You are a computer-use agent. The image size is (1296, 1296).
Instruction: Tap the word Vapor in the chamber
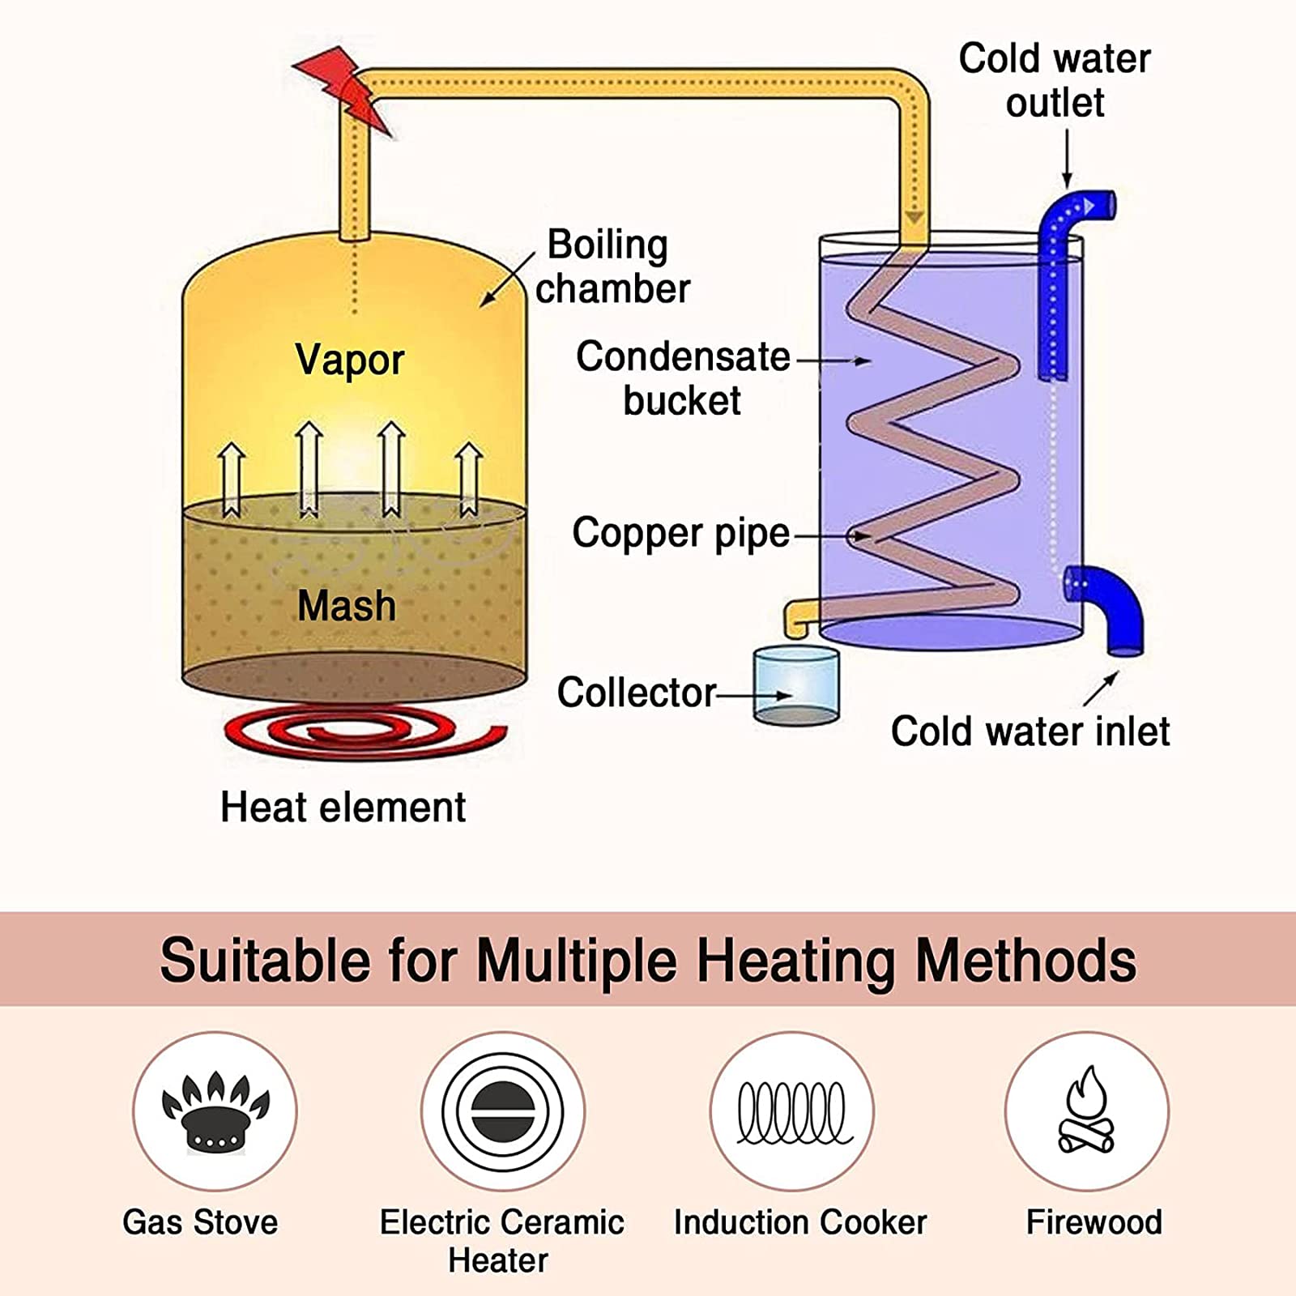(349, 360)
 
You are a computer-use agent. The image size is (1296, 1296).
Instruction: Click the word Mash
(347, 606)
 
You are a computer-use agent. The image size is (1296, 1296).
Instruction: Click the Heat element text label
(343, 808)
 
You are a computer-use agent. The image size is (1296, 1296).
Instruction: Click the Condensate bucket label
(682, 378)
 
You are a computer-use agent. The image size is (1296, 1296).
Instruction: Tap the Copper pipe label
(680, 533)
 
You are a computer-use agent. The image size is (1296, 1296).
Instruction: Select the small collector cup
(795, 684)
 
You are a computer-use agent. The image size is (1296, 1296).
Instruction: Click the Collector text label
(636, 693)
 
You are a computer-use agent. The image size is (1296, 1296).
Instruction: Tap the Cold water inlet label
(1030, 731)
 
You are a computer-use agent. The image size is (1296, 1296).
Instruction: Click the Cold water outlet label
(1055, 80)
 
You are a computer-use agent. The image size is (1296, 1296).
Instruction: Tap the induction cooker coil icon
(792, 1111)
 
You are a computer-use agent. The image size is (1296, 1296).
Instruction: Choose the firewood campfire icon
(1086, 1111)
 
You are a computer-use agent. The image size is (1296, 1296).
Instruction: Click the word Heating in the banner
(796, 961)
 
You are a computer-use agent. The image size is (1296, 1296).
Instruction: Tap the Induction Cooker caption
(799, 1222)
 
